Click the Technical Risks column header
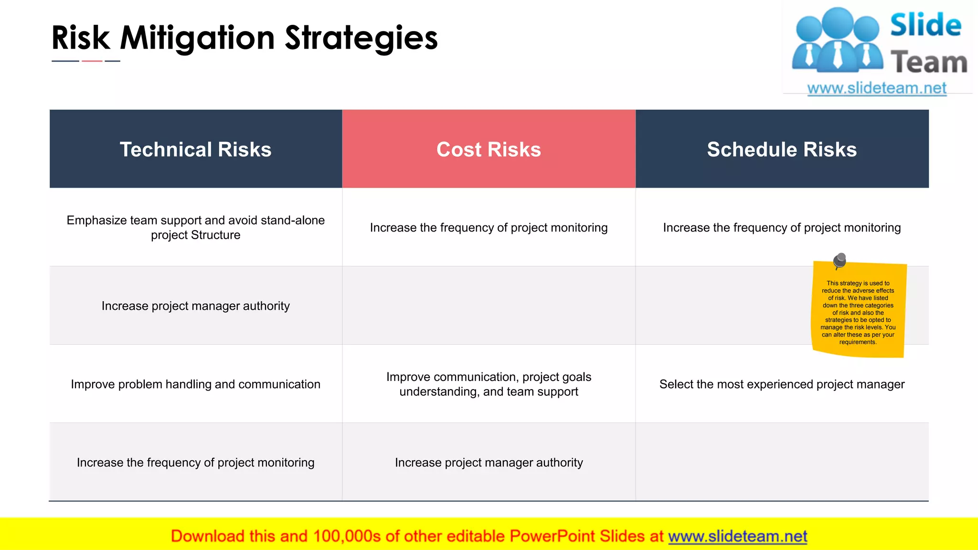coord(195,149)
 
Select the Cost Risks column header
coord(489,149)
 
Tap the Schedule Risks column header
coord(782,149)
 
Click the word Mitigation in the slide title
coord(197,38)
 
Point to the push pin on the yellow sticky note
coord(840,260)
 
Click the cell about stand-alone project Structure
coord(195,227)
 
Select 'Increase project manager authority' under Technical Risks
coord(195,306)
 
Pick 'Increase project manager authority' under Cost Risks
coord(489,463)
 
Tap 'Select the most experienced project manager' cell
coord(782,384)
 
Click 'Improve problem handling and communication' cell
coord(195,384)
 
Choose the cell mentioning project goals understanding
coord(489,384)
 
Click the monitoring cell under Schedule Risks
coord(782,228)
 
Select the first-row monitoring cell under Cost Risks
coord(489,228)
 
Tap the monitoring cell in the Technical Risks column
coord(195,463)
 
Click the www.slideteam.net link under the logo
coord(877,88)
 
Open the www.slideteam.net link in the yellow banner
coord(737,537)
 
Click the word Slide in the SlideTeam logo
coord(925,25)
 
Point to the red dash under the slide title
coord(92,61)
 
